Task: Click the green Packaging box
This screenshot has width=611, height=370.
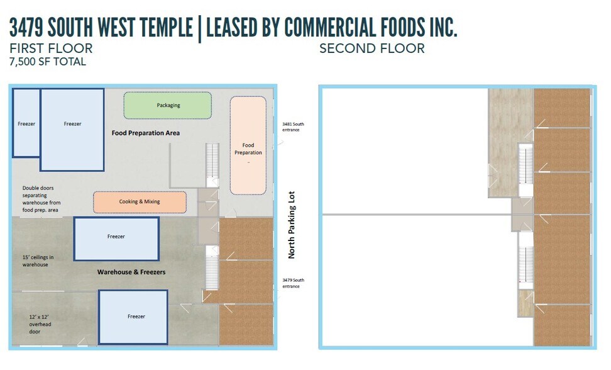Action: coord(167,105)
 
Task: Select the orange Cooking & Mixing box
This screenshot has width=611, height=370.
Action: coord(140,202)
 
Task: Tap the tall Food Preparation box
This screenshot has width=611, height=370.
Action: coord(248,146)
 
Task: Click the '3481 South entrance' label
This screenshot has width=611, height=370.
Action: coord(293,127)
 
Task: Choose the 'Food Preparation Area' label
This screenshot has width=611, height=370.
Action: coord(146,133)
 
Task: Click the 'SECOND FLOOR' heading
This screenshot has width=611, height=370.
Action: coord(372,48)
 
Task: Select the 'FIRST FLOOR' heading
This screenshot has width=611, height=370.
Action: coord(51,48)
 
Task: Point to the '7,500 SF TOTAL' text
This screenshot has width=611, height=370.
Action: coord(48,62)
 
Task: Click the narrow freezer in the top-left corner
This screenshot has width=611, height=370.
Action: coord(26,123)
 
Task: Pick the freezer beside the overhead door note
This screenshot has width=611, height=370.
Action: coord(133,317)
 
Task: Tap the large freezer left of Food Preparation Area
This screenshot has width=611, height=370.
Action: coord(72,130)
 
